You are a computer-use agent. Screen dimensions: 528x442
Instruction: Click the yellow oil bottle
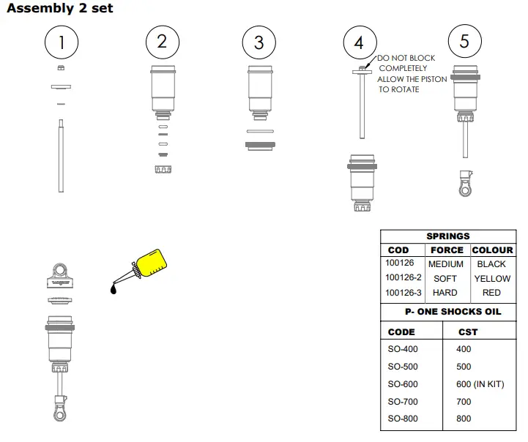152,263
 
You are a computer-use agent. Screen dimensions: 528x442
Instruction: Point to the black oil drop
114,288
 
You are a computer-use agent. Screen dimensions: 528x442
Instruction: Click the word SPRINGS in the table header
448,236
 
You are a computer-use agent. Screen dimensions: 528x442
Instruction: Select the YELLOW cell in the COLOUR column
492,279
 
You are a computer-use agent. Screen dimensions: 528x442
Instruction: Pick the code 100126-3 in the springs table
403,293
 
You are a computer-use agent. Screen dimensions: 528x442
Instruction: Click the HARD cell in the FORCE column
445,293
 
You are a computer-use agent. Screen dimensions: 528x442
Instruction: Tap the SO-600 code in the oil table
403,384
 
